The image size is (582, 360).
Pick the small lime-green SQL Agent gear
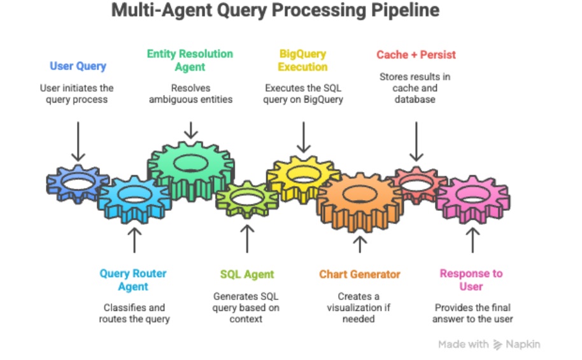[x=246, y=198]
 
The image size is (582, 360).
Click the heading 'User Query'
[x=78, y=66]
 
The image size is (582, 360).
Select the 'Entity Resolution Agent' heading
[x=190, y=61]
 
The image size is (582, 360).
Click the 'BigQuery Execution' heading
[x=303, y=61]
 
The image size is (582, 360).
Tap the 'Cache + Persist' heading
[x=416, y=55]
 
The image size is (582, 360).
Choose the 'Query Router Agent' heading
[x=133, y=280]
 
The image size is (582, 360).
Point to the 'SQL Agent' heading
[x=247, y=275]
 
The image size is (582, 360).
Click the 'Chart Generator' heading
[x=360, y=275]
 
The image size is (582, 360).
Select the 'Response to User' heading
[x=471, y=280]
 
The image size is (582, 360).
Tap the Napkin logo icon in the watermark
[x=499, y=345]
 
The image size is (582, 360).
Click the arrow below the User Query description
[x=78, y=141]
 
